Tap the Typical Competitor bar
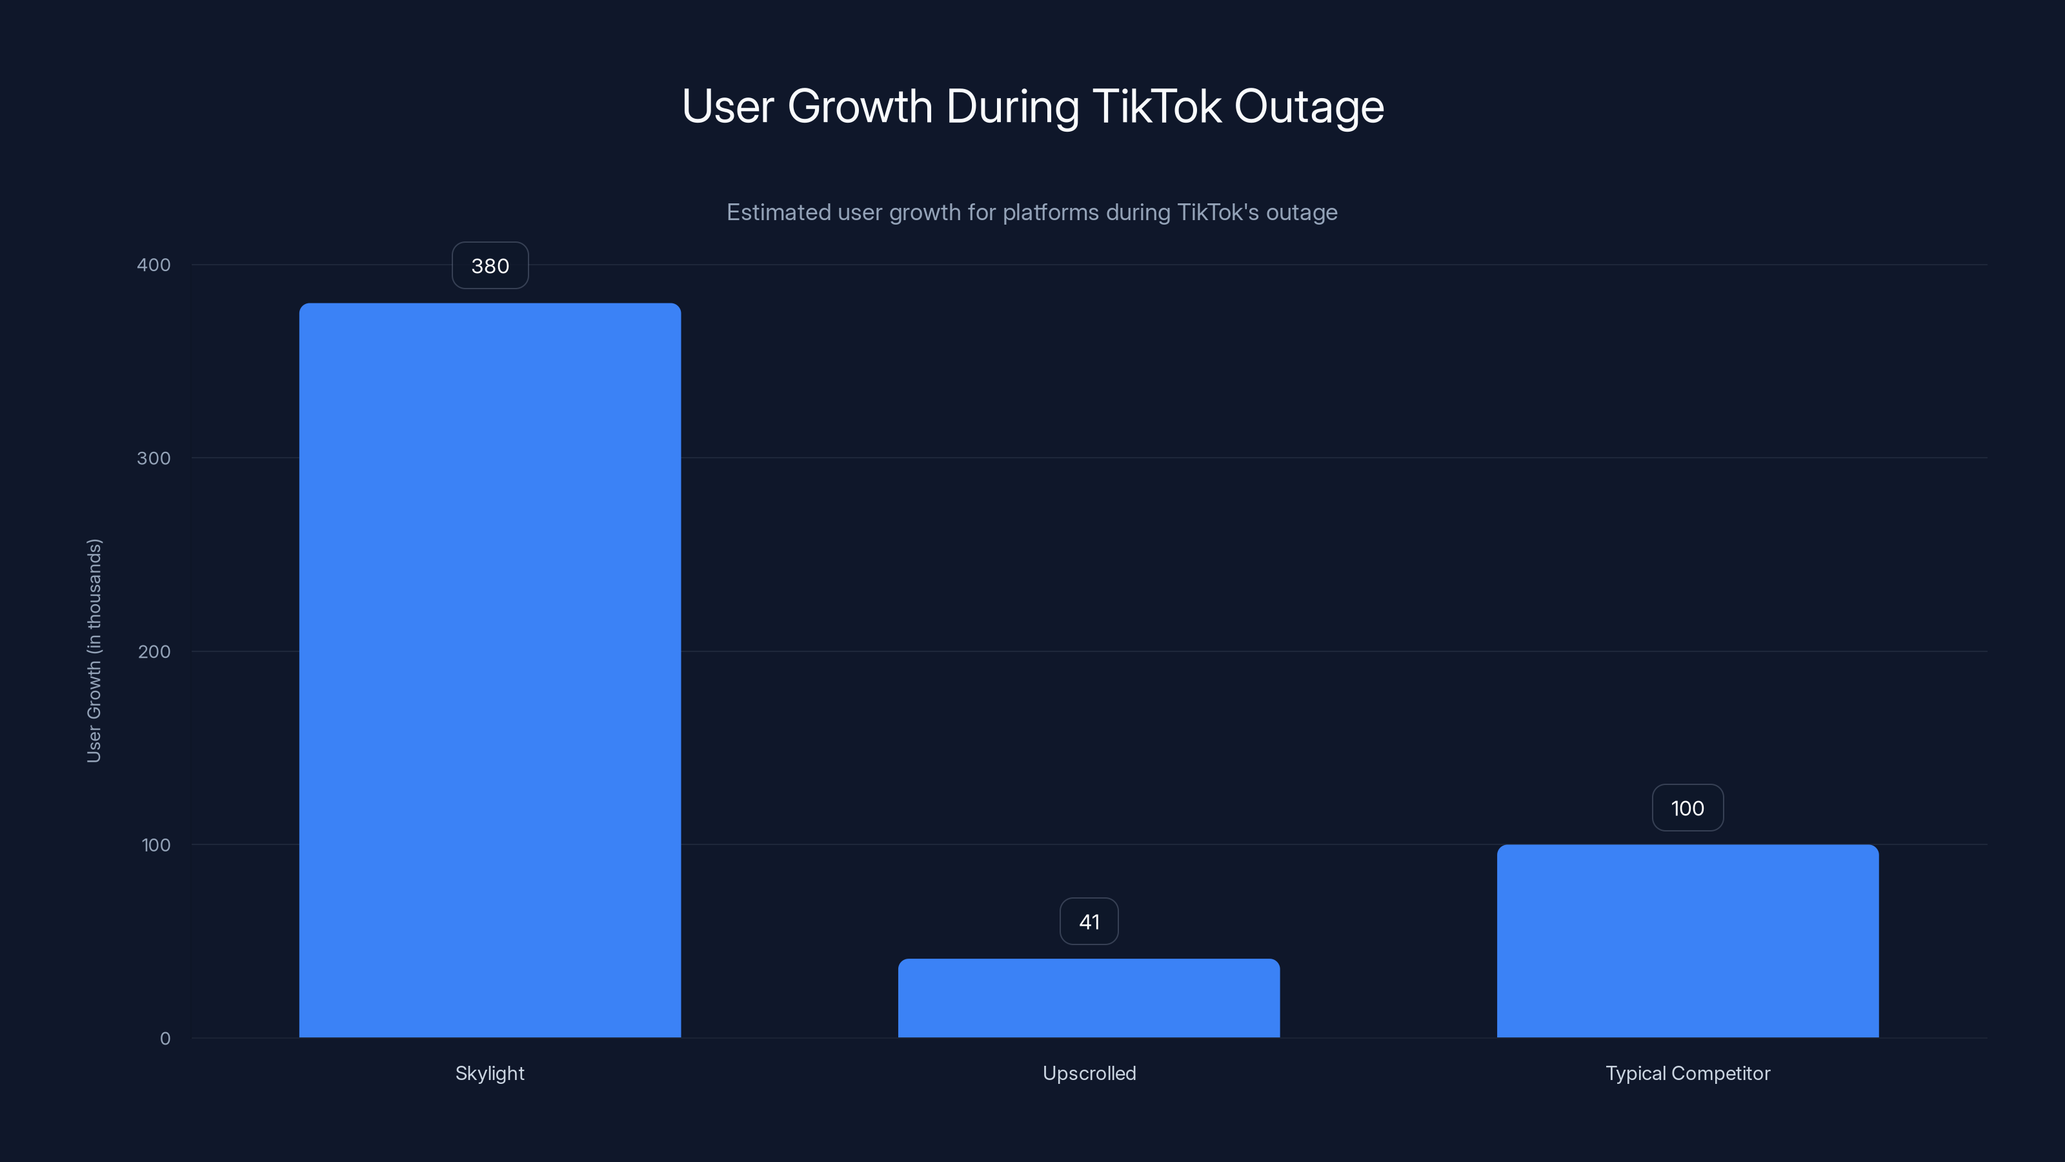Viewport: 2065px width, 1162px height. tap(1687, 941)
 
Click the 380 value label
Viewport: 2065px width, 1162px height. tap(490, 265)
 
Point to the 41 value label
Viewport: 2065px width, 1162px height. tap(1089, 921)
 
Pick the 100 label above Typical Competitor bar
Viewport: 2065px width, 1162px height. tap(1687, 808)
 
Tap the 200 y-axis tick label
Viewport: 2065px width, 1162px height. tap(154, 651)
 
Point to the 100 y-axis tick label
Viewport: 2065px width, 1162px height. tap(156, 844)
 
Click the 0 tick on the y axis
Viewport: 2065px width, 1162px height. tap(165, 1039)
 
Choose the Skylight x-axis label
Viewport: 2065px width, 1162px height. tap(490, 1073)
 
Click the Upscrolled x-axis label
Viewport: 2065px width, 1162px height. tap(1089, 1073)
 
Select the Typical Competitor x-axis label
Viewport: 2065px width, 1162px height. tap(1687, 1073)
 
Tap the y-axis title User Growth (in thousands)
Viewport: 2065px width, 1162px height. tap(94, 650)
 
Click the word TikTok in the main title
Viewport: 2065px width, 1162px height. tap(1157, 106)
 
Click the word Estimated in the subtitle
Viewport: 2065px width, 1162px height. tap(778, 212)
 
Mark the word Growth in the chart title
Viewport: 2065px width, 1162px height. tap(860, 106)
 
